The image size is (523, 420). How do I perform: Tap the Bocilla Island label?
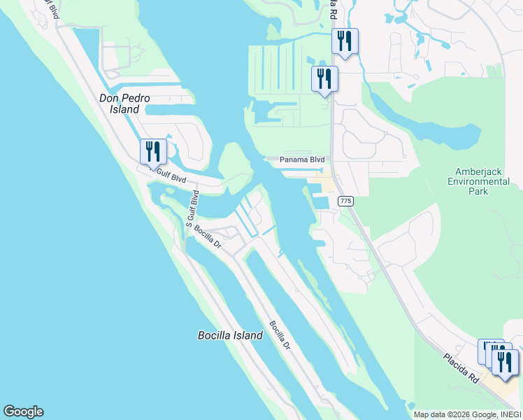[230, 335]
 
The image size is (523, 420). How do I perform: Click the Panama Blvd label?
[303, 160]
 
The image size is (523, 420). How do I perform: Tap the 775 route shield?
[345, 201]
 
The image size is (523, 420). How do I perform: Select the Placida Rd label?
[462, 367]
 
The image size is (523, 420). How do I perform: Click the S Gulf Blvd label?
[194, 208]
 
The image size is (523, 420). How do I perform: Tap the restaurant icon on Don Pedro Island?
[153, 150]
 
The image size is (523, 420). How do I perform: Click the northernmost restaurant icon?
[345, 40]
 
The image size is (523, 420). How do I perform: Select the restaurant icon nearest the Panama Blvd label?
[324, 78]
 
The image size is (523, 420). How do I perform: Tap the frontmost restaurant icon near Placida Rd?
[504, 362]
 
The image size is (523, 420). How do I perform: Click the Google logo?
[23, 412]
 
